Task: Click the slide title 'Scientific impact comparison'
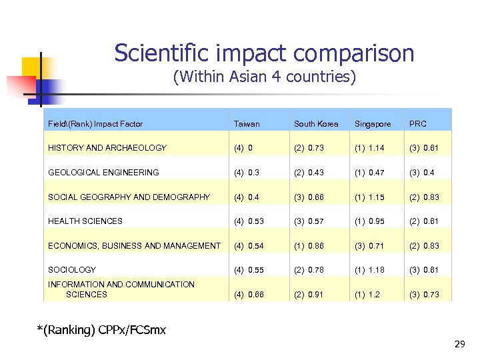[x=264, y=53]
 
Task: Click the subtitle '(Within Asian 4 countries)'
[x=264, y=77]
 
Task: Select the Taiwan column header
[x=247, y=124]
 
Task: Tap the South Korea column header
[x=316, y=124]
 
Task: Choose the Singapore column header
[x=373, y=124]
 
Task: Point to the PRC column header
[x=418, y=124]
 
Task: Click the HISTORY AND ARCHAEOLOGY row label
[x=107, y=148]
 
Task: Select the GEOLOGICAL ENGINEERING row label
[x=103, y=173]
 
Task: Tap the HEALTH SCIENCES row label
[x=85, y=221]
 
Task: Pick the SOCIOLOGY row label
[x=72, y=270]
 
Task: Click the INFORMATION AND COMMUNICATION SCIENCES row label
[x=121, y=289]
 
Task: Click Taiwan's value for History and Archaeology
[x=243, y=148]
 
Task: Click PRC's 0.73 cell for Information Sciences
[x=425, y=295]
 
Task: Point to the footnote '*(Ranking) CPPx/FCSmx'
[x=102, y=329]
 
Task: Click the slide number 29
[x=459, y=344]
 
